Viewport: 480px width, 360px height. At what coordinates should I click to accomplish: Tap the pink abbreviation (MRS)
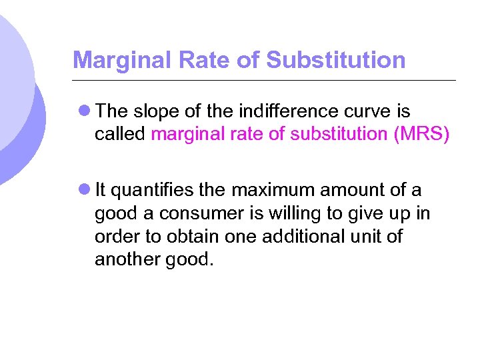click(x=421, y=134)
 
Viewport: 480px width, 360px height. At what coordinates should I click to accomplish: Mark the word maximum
click(x=273, y=191)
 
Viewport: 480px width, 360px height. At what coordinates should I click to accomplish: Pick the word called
click(x=120, y=134)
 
